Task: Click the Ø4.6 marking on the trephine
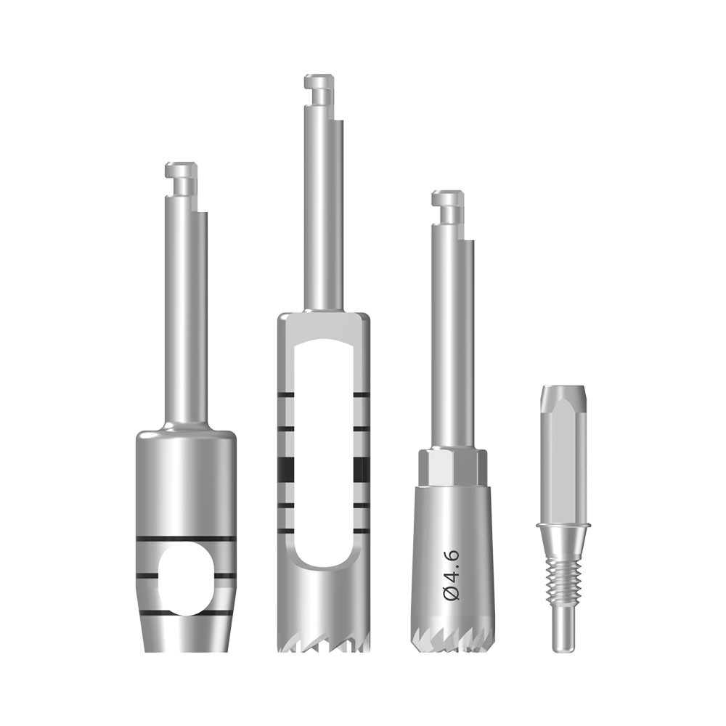click(x=451, y=576)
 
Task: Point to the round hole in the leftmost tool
click(x=187, y=579)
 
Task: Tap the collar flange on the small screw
click(x=563, y=525)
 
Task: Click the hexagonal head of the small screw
click(x=563, y=453)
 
